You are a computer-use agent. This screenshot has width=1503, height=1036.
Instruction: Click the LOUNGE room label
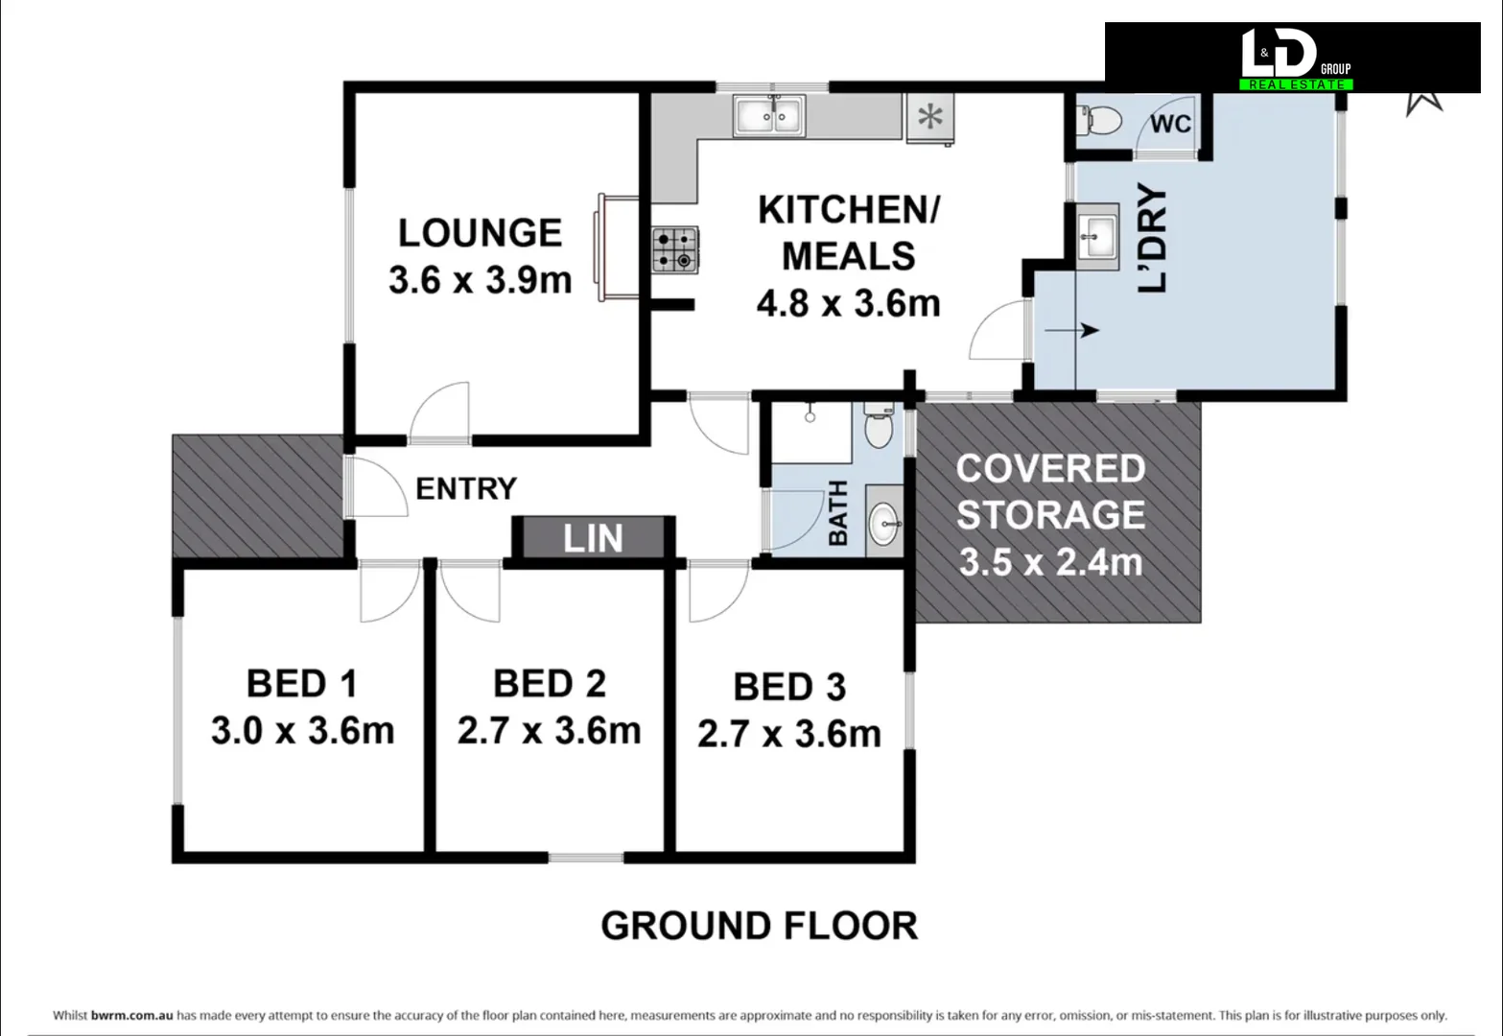point(480,233)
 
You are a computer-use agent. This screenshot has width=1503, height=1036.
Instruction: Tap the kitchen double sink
point(769,117)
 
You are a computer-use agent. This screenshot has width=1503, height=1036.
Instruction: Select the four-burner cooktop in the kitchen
point(675,249)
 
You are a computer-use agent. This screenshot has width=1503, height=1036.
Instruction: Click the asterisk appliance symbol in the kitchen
point(929,118)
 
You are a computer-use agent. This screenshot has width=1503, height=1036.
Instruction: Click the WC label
point(1170,124)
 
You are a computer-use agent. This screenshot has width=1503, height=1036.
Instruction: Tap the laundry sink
point(1097,232)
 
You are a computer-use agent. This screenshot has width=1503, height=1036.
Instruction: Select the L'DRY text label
point(1153,238)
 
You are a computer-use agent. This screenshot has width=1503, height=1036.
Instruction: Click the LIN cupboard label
point(593,539)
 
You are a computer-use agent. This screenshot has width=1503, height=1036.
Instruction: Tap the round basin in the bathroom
point(884,523)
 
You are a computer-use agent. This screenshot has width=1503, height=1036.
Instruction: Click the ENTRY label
point(466,489)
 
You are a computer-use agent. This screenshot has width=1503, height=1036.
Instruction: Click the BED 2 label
point(550,684)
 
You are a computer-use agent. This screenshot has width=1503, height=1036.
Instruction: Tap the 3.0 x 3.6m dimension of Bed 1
point(302,731)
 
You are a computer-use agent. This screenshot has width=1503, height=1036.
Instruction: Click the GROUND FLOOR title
point(759,926)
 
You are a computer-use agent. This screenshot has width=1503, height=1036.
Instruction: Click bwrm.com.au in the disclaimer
point(132,1015)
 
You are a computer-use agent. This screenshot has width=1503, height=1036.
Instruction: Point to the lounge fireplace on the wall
point(616,247)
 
